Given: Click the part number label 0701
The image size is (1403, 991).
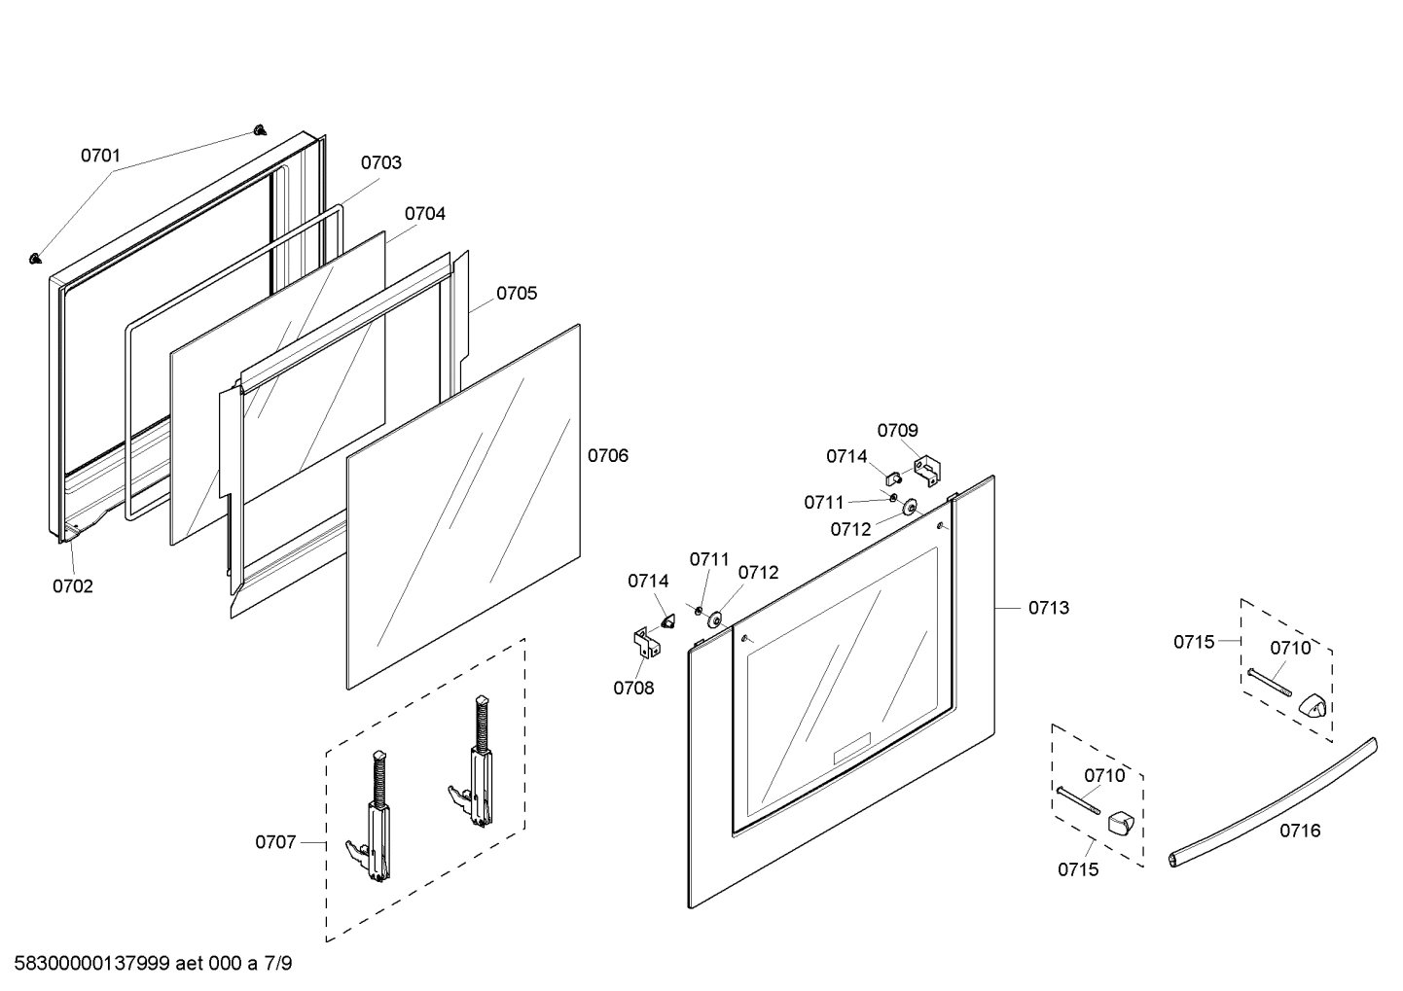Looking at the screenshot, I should tap(100, 155).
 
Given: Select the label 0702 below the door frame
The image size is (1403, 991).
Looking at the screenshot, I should tap(73, 585).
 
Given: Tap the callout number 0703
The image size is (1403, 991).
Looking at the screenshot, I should tap(380, 162).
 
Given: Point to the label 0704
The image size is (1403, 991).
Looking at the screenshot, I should tap(425, 213).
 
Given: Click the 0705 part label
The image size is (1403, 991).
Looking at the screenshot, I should tap(517, 293).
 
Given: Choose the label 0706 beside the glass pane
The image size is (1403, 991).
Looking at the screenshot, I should tap(608, 455).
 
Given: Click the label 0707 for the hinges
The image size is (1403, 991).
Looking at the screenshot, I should tap(275, 841).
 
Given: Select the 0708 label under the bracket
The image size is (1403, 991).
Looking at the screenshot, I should tap(633, 689).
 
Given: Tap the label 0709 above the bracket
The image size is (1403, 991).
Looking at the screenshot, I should tap(897, 430).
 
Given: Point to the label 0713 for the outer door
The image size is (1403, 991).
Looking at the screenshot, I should tap(1049, 608).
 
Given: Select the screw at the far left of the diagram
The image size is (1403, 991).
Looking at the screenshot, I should tap(36, 258).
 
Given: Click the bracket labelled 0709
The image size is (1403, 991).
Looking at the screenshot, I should tap(928, 471).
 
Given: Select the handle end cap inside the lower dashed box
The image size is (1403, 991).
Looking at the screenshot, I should tap(1122, 825).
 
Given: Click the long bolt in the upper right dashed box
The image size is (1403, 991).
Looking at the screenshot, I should tap(1269, 683).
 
